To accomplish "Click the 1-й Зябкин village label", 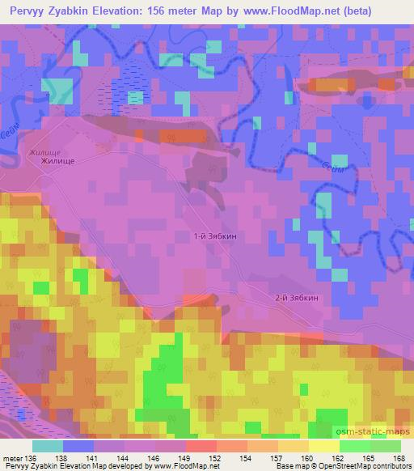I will [216, 236].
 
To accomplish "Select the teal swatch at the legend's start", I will [48, 446].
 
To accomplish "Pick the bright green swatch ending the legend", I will [385, 446].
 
